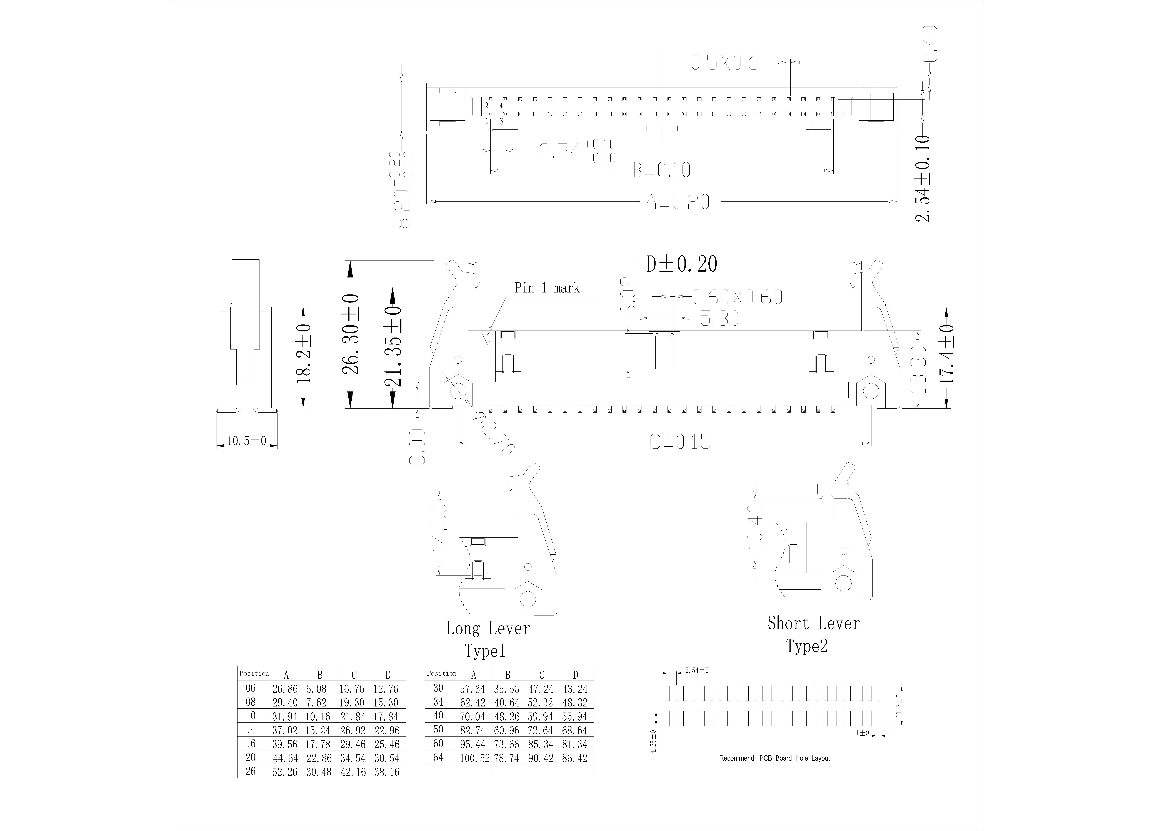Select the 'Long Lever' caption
[488, 629]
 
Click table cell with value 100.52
[474, 758]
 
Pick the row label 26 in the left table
[250, 772]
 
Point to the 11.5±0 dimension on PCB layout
[899, 706]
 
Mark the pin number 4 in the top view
[501, 105]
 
